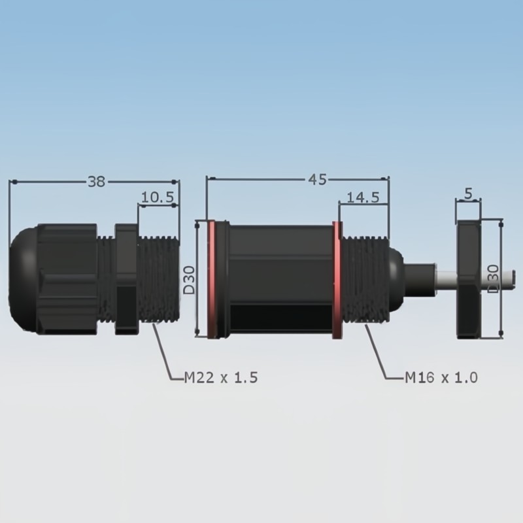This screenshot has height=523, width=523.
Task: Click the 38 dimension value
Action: (96, 182)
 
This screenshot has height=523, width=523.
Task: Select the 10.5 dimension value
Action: (158, 197)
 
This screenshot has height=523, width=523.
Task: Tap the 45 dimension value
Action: (317, 179)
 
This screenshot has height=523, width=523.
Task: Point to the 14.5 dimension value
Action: (363, 198)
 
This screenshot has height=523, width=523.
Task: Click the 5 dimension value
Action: (469, 194)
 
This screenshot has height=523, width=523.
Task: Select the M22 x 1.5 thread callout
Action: (221, 378)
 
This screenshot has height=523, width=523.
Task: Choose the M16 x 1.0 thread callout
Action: (441, 377)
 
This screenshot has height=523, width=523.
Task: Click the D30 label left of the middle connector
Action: (190, 280)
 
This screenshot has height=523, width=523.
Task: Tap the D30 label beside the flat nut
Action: (494, 279)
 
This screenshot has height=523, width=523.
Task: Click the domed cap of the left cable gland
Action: (24, 279)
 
